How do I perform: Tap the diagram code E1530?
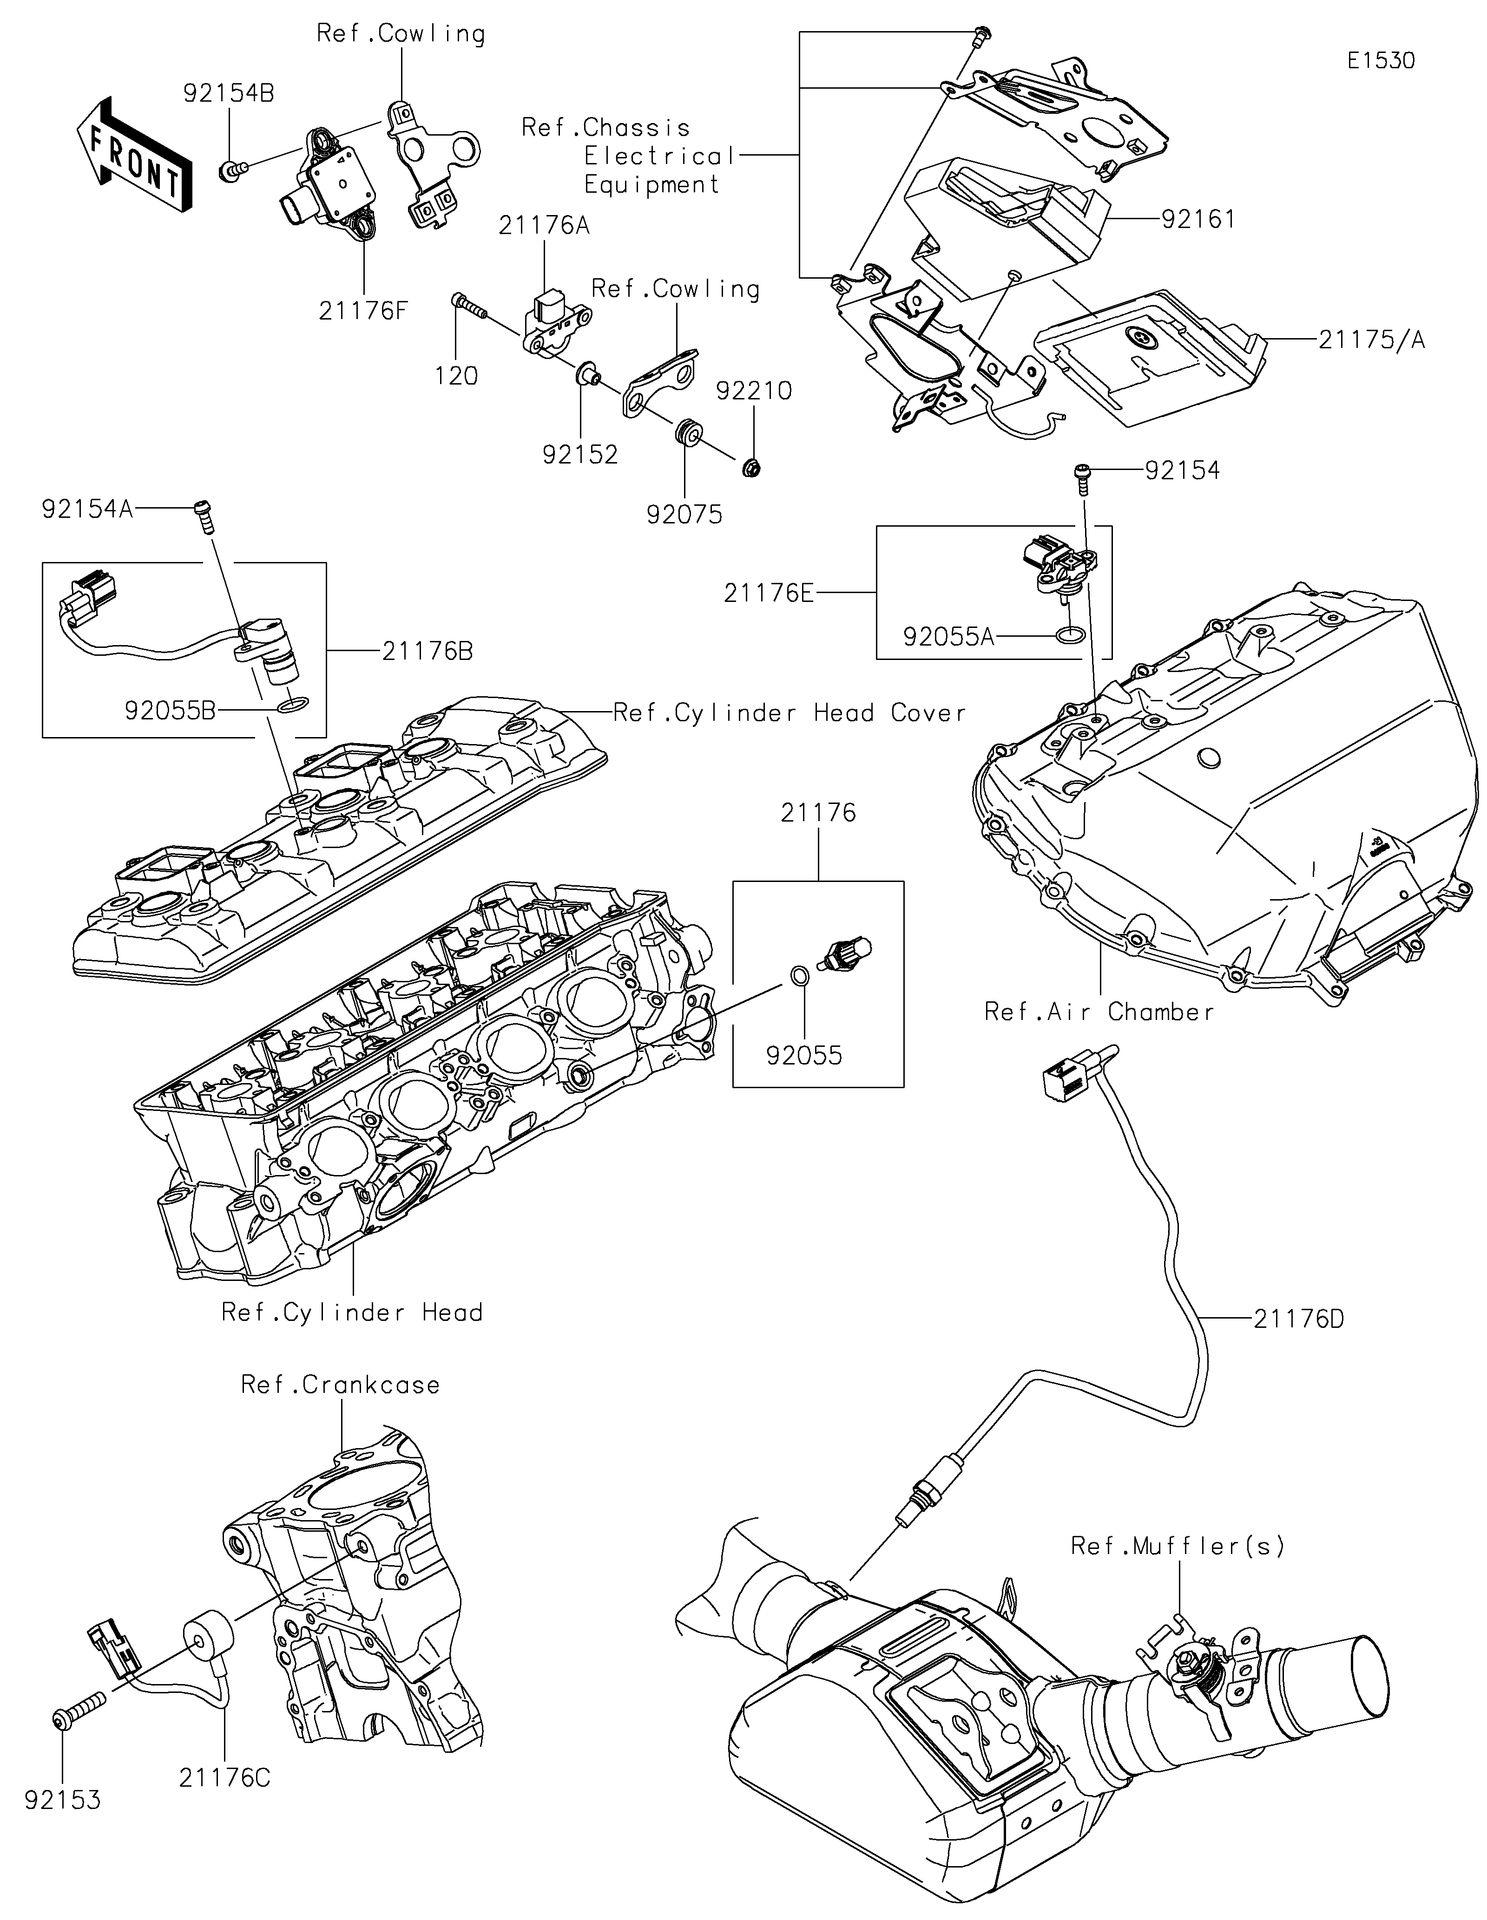pyautogui.click(x=1381, y=61)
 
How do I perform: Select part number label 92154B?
pyautogui.click(x=229, y=93)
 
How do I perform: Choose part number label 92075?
pyautogui.click(x=684, y=514)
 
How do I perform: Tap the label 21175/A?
pyautogui.click(x=1371, y=340)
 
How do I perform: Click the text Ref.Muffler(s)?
pyautogui.click(x=1178, y=1546)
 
